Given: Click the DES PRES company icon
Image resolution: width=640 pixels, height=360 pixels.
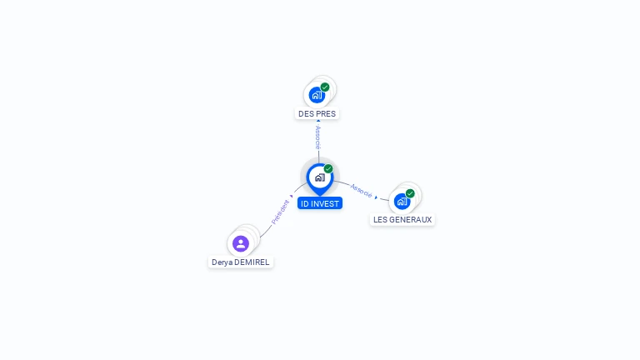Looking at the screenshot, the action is point(316,95).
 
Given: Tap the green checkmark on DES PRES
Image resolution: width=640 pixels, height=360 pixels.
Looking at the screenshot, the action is point(325,87).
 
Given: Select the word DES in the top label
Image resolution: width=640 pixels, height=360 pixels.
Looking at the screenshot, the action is point(305,113).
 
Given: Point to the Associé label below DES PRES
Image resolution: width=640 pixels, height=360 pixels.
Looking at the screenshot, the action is point(318,137).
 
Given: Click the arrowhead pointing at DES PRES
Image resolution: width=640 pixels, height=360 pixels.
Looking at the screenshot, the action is point(318,121).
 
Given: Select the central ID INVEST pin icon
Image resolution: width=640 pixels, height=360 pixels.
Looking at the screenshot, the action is point(319,177).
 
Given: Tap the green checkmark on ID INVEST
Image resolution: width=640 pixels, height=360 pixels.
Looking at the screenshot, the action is point(328,168).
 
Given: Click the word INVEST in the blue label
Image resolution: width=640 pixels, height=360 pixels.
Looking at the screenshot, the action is point(326,203).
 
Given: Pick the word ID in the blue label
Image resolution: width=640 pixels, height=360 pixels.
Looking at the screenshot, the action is point(305,203).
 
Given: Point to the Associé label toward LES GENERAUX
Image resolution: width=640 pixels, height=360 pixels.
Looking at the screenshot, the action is point(362,190).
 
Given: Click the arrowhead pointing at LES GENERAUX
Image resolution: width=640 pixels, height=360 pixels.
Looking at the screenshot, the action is point(377,197).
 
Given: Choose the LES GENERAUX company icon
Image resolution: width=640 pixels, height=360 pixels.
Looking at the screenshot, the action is point(402,202).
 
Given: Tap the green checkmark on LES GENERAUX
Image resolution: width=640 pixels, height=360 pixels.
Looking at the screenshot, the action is point(410,193).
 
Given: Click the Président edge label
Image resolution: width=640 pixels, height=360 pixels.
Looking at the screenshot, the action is point(280,212).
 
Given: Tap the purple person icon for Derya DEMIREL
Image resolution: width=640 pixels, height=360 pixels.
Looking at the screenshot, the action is point(241,243).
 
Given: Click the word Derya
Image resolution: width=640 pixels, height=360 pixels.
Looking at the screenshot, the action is point(222,262).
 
